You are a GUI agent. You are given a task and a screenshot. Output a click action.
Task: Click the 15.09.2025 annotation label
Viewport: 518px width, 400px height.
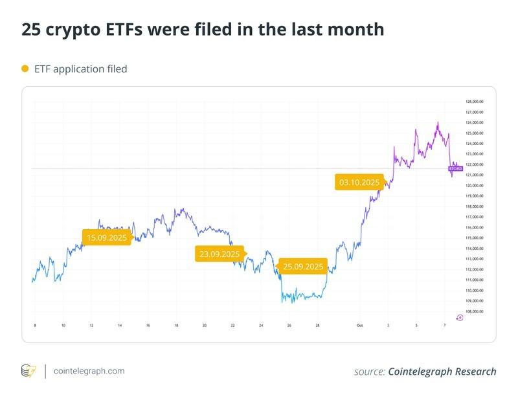click(x=107, y=238)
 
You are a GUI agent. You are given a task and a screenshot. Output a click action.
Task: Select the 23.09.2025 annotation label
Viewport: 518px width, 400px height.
click(x=220, y=254)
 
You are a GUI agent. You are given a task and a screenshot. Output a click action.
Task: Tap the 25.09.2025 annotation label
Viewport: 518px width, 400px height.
click(x=302, y=267)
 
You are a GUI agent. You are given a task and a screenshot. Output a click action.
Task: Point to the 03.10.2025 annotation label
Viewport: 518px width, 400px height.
click(x=359, y=183)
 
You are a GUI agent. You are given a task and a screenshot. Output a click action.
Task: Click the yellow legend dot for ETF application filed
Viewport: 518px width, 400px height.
click(x=25, y=69)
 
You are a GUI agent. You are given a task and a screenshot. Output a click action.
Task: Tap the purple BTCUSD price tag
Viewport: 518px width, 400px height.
click(x=456, y=168)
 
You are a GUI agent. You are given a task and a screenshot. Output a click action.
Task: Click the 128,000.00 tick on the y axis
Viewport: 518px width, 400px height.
click(x=475, y=102)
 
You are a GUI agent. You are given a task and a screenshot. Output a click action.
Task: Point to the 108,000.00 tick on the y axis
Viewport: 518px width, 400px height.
click(x=475, y=311)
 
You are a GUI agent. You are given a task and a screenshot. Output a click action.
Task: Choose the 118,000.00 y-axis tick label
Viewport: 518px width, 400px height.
click(x=475, y=206)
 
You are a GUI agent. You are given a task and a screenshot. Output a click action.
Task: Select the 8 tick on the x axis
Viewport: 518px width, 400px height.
click(x=34, y=326)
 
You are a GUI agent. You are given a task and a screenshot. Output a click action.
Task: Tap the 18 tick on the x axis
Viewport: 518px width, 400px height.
click(x=176, y=326)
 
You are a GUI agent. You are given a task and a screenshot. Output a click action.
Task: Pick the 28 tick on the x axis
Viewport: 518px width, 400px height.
click(x=317, y=326)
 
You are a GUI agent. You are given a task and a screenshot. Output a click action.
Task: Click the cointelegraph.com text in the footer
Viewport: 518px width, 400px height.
click(x=89, y=372)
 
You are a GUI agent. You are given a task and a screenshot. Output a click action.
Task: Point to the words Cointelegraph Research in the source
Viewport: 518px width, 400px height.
click(x=442, y=372)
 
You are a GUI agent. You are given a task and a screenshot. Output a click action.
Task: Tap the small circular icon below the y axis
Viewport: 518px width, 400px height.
click(x=460, y=317)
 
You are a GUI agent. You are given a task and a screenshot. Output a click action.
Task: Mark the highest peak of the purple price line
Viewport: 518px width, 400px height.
click(x=438, y=122)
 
